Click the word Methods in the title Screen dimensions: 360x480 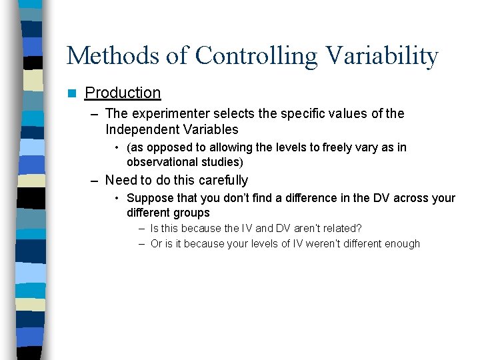(x=113, y=56)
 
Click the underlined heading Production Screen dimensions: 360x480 (x=123, y=93)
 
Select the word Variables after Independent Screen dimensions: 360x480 (x=208, y=129)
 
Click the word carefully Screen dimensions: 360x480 (x=221, y=181)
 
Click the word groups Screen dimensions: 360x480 (x=193, y=213)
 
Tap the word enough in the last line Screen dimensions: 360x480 (x=402, y=244)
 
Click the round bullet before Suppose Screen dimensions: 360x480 (x=117, y=199)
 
